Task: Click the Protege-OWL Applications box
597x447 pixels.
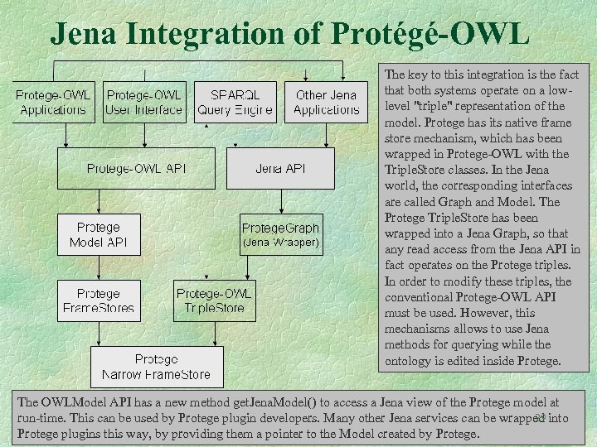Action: (x=53, y=102)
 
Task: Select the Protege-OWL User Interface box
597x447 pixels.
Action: (x=144, y=102)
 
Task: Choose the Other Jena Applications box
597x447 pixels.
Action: (x=326, y=102)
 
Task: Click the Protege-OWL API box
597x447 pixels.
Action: (x=136, y=168)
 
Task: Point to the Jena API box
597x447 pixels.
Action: (x=280, y=168)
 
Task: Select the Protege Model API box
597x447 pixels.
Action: (x=98, y=234)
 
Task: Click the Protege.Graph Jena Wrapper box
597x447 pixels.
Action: (x=280, y=234)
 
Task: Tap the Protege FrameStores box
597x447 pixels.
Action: (x=98, y=301)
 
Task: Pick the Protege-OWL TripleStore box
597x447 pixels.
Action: (x=214, y=301)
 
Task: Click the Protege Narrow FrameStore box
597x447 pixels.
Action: (x=156, y=367)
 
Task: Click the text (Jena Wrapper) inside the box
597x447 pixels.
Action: (x=280, y=243)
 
